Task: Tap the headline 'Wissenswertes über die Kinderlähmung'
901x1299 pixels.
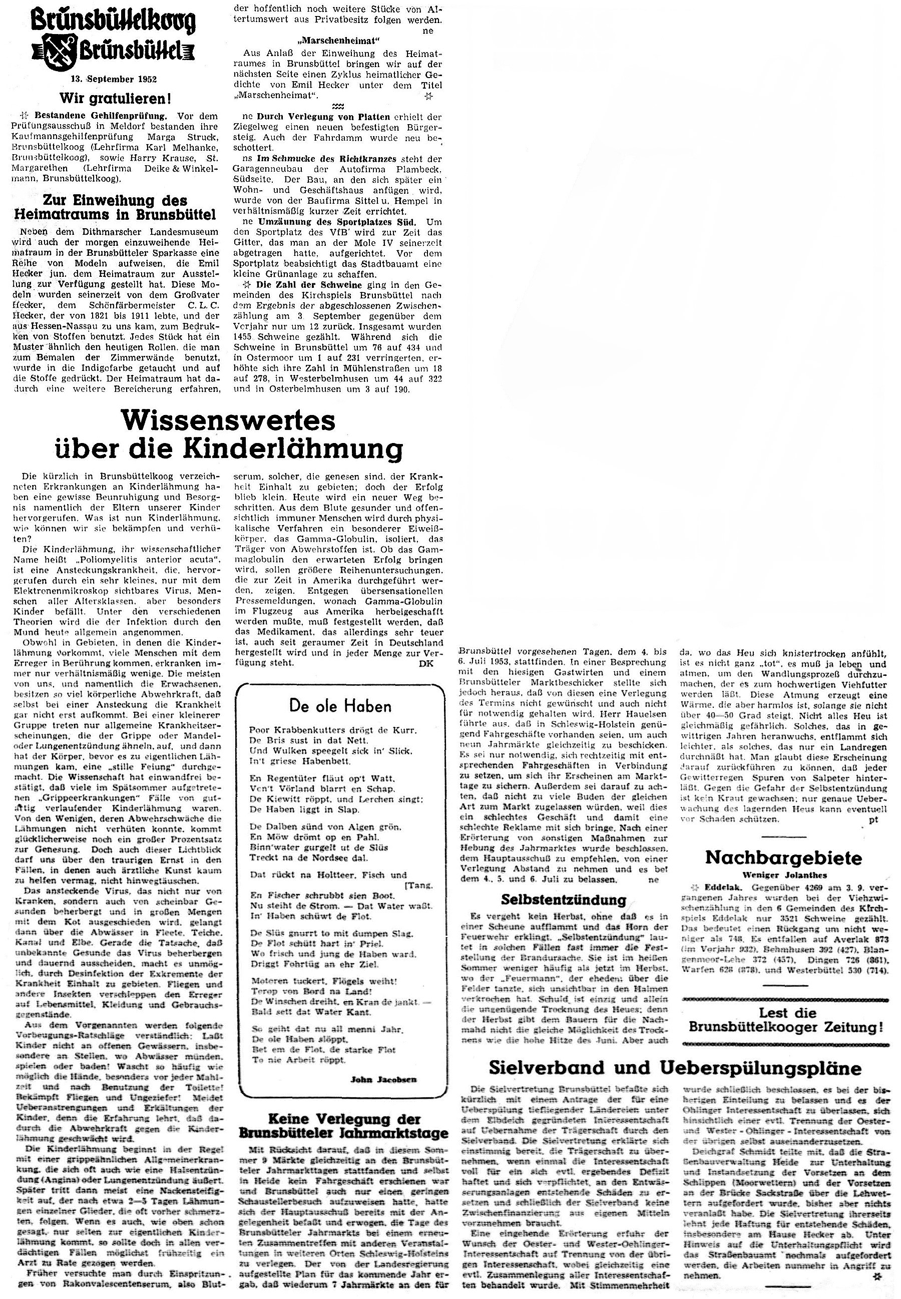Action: (x=228, y=435)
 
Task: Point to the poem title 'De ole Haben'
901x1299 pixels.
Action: (x=340, y=705)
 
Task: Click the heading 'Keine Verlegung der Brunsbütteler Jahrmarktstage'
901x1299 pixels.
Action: (x=343, y=1125)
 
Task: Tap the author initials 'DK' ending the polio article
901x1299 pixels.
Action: (x=426, y=663)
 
